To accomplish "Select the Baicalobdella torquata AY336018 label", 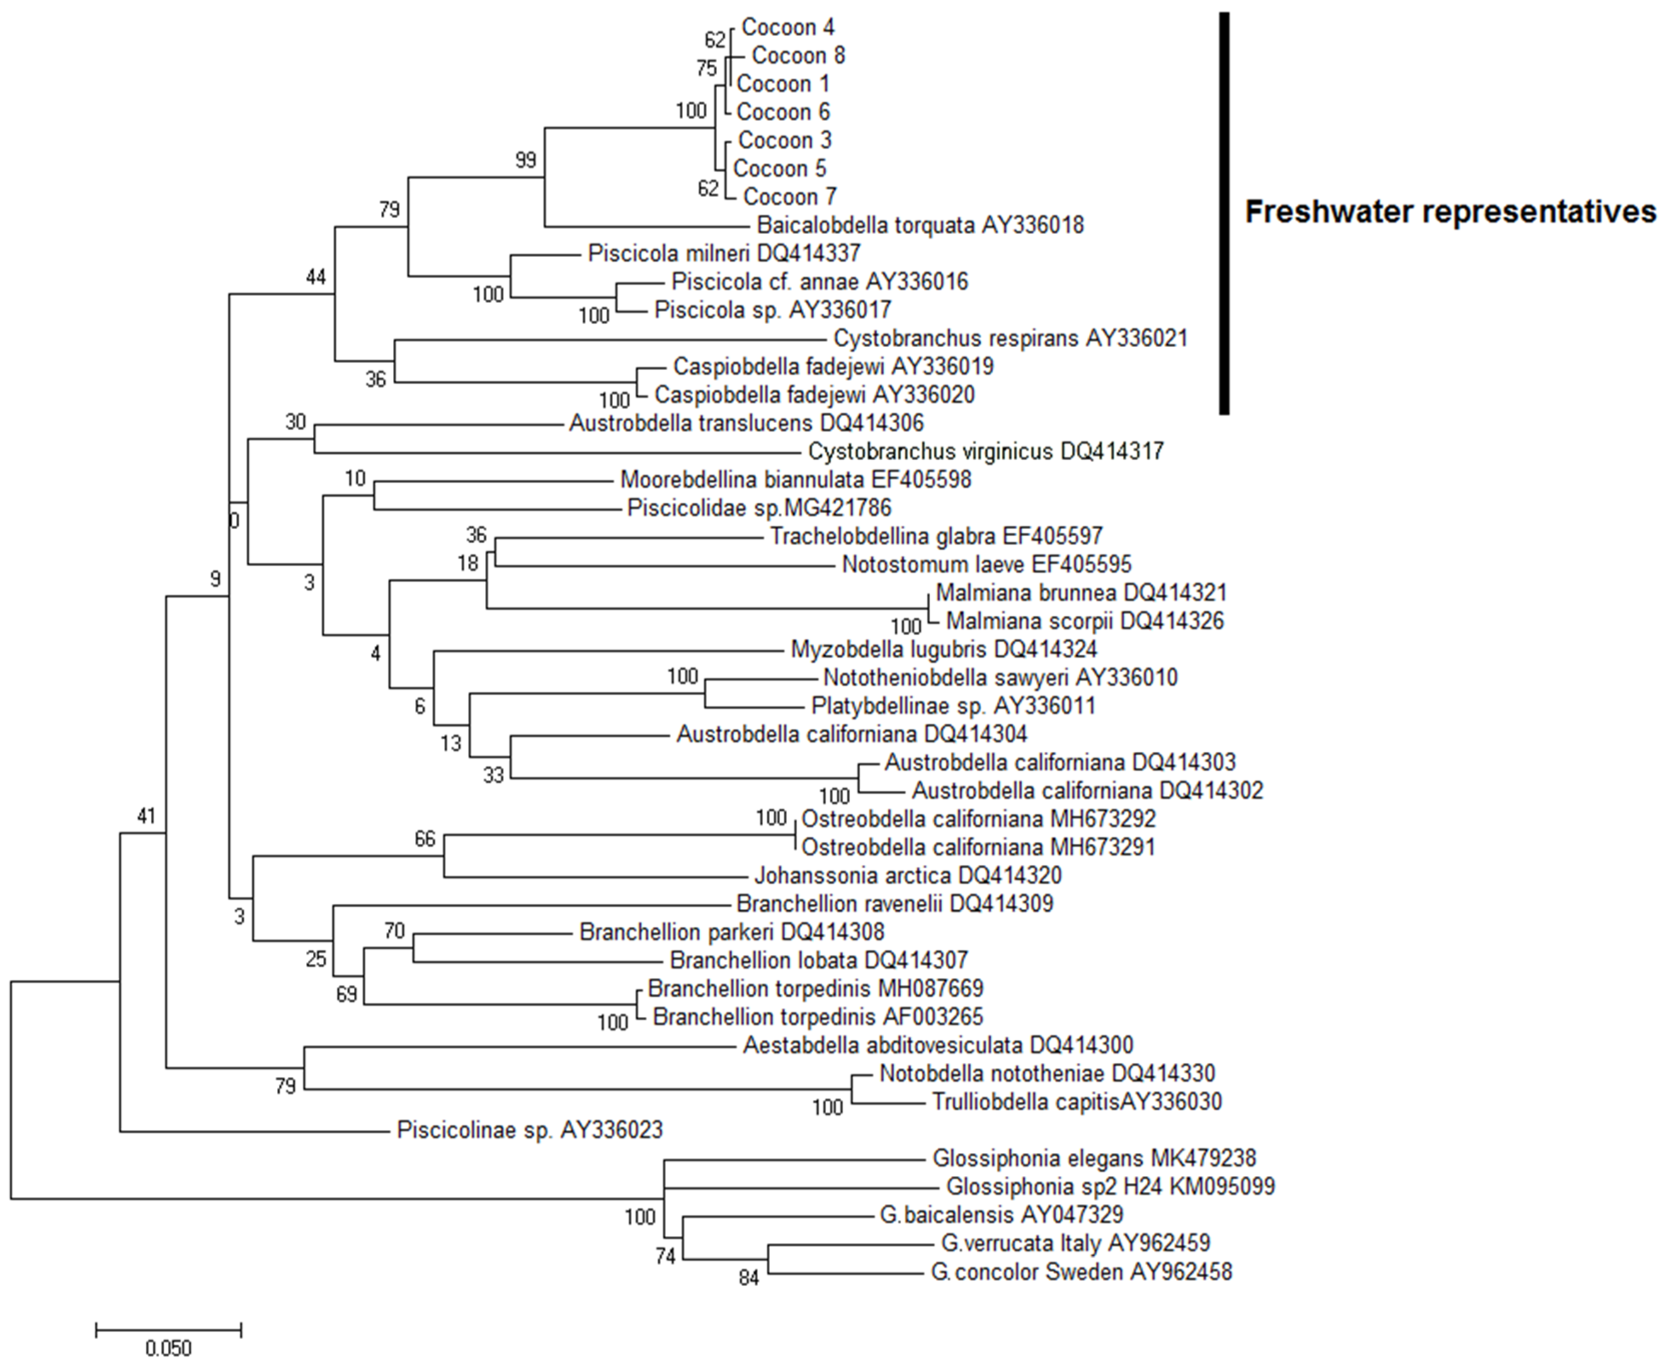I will (920, 226).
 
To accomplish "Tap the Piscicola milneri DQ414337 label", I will (723, 253).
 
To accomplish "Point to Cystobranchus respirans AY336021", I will (1010, 338).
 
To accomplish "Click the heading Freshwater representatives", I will (1450, 212).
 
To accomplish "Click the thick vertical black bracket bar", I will (1224, 213).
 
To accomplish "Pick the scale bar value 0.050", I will (169, 1347).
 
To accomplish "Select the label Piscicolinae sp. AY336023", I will (529, 1130).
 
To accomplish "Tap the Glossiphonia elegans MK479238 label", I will (1093, 1158).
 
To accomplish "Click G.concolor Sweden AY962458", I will (1081, 1272).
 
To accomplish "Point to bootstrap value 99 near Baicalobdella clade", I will (525, 160).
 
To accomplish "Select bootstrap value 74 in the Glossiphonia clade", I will (666, 1255).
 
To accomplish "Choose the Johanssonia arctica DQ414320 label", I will (907, 875).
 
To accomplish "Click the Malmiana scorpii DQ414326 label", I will (1084, 621).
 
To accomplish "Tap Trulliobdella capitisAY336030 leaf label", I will (1077, 1102).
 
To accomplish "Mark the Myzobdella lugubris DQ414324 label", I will (943, 649).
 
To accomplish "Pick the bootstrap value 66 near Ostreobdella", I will (424, 838).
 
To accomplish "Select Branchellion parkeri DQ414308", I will (731, 932).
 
